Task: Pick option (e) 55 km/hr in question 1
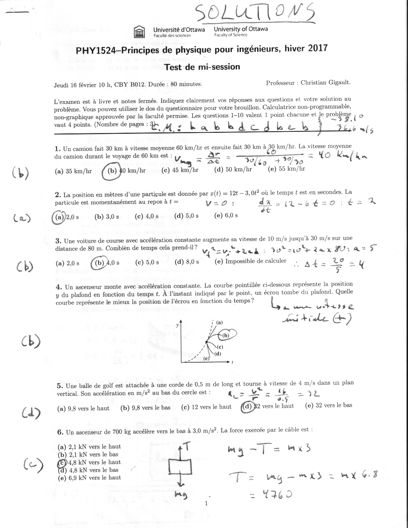(x=286, y=169)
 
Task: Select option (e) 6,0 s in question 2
(x=226, y=216)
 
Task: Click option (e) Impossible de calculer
(x=250, y=261)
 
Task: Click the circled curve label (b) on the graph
(x=227, y=335)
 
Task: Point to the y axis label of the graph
(x=177, y=325)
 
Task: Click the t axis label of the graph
(x=232, y=362)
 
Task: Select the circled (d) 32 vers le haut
(x=268, y=406)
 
